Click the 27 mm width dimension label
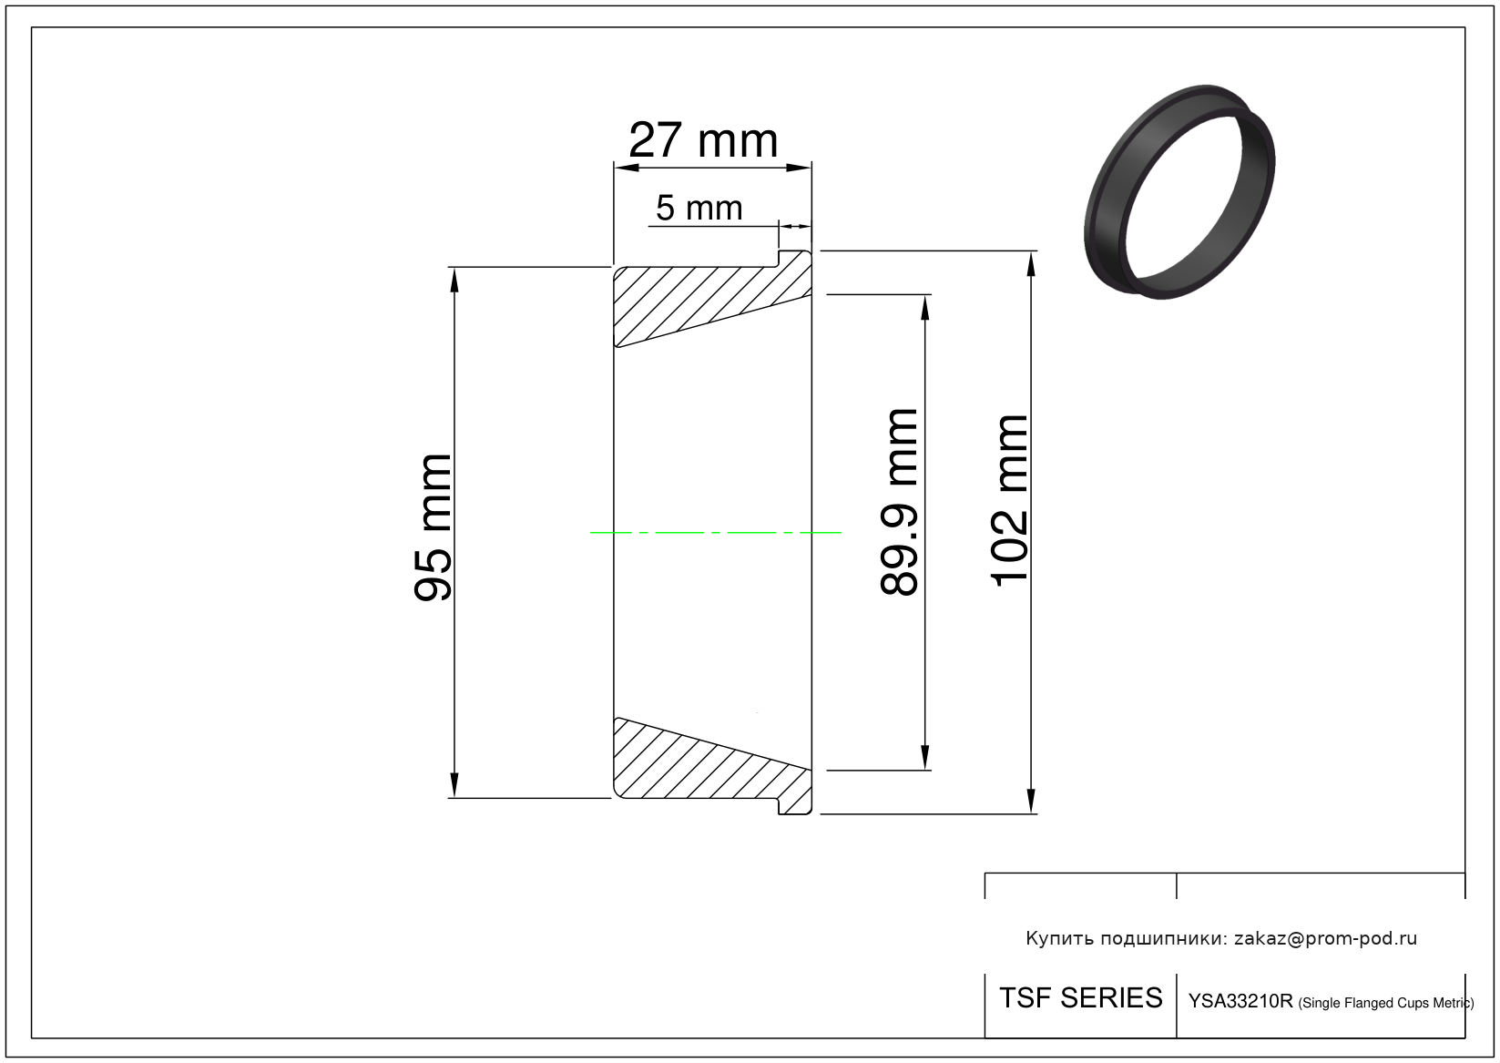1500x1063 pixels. tap(703, 140)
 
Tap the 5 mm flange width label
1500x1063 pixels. tap(699, 208)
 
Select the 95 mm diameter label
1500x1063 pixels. tap(433, 527)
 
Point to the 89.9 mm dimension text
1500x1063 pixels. tap(898, 502)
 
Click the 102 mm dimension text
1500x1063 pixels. tap(1008, 502)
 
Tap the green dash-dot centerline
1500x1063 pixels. tap(715, 533)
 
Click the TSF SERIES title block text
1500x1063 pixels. tap(1081, 998)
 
